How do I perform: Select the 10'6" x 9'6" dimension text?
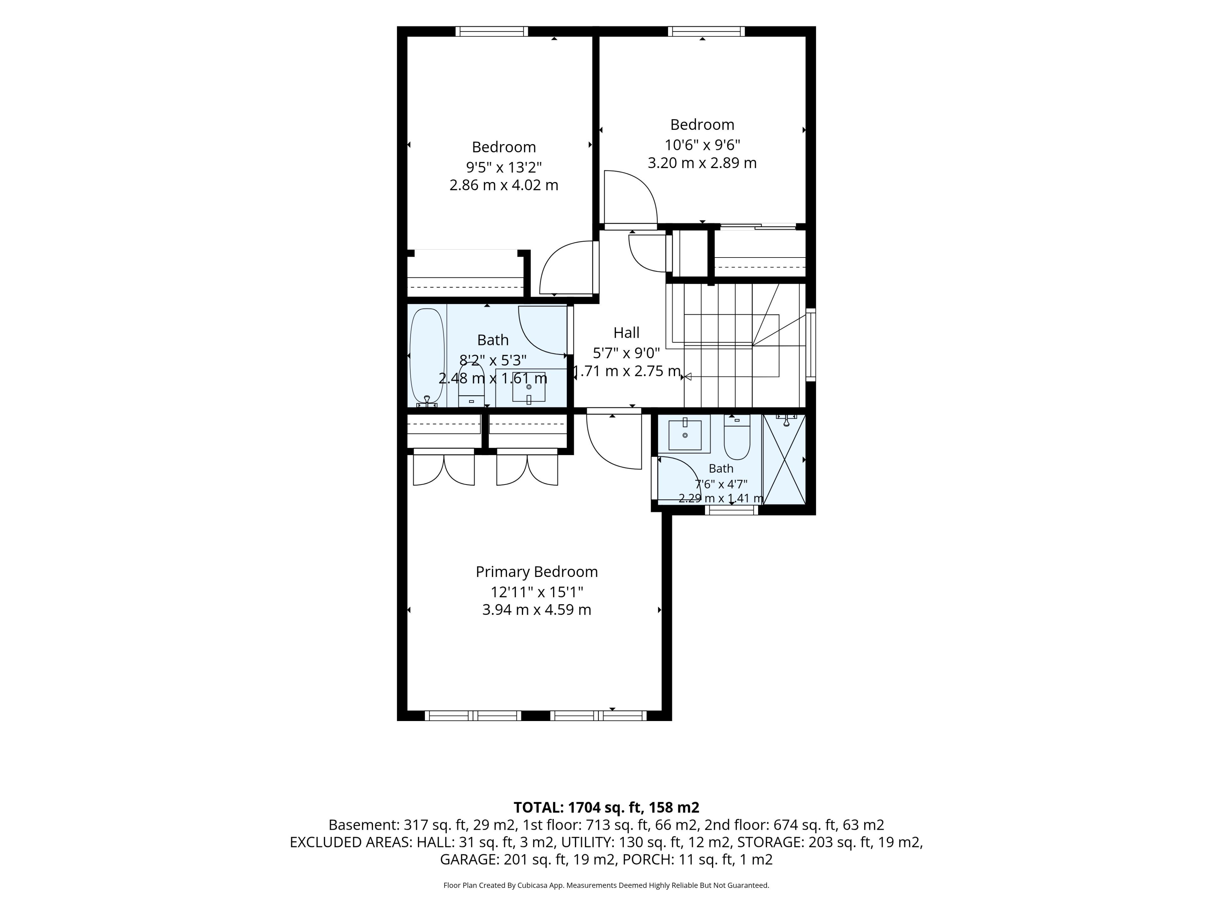coord(703,145)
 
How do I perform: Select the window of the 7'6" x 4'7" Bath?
coord(732,510)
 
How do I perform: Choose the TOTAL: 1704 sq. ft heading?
coord(606,807)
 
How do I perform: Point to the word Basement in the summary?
coord(362,825)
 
